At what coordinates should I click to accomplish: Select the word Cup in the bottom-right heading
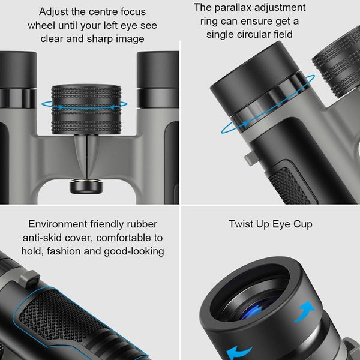pos(301,224)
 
